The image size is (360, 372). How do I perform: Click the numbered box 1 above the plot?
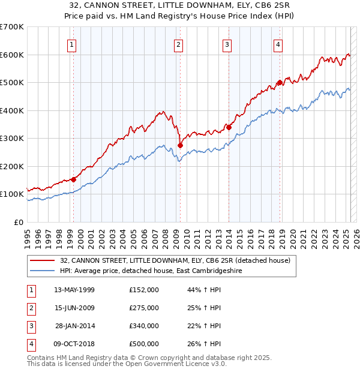72,44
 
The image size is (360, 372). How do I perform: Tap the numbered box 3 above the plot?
227,44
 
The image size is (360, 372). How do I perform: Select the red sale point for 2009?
180,146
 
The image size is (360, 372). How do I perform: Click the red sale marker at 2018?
280,83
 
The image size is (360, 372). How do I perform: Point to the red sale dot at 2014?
229,127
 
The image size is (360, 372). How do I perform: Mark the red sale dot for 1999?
73,179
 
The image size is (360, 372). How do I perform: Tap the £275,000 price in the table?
144,308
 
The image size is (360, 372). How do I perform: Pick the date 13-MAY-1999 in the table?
74,290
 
